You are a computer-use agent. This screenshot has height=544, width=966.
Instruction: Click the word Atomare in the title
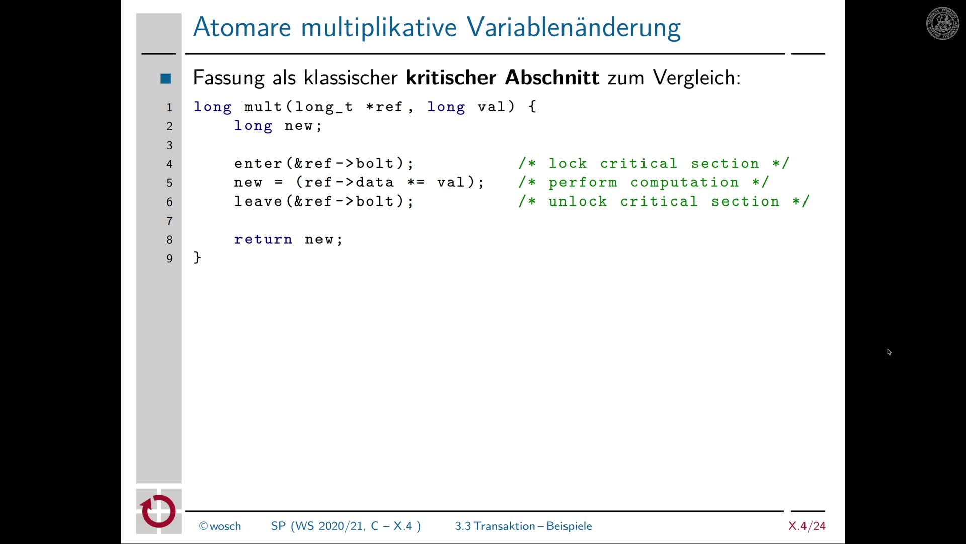click(x=242, y=27)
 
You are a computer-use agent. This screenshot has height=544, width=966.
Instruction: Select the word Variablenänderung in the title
click(x=574, y=27)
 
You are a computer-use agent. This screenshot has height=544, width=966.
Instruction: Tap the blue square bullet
click(x=166, y=79)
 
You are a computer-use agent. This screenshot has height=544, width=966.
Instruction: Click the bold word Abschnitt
click(x=551, y=78)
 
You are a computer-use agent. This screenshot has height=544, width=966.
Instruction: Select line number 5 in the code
click(x=169, y=183)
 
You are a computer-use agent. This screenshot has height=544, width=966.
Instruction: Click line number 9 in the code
click(x=169, y=258)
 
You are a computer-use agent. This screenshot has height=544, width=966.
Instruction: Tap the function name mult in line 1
click(x=263, y=107)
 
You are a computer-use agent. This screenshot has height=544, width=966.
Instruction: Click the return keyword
click(x=263, y=239)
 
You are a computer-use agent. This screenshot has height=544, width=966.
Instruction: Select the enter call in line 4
click(x=258, y=164)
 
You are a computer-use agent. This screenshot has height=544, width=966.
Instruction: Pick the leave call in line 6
click(x=258, y=201)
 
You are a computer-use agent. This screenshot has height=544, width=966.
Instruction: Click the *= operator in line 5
click(x=416, y=182)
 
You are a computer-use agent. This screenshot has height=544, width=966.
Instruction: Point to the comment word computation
click(x=684, y=182)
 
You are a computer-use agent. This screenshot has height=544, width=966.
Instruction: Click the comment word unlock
click(x=578, y=201)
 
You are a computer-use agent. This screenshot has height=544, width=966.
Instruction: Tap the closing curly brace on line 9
click(x=197, y=258)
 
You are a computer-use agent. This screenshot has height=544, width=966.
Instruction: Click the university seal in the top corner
click(x=942, y=23)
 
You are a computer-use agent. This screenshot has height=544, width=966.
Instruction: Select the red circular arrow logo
click(x=158, y=511)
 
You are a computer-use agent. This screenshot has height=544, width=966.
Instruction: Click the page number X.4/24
click(x=807, y=526)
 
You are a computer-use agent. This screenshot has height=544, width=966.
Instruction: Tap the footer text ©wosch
click(x=220, y=526)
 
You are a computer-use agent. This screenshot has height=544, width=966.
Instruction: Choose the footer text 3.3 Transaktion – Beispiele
click(x=523, y=526)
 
